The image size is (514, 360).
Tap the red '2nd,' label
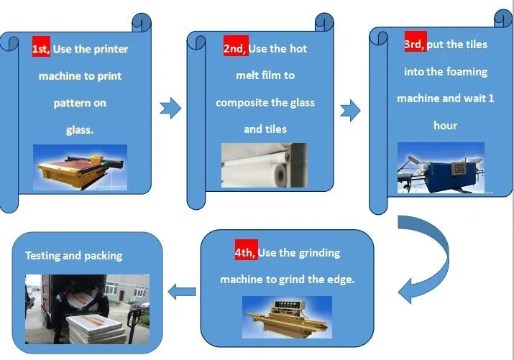click(236, 48)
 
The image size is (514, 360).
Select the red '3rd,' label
click(414, 44)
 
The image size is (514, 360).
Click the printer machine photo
click(80, 167)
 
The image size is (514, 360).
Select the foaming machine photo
click(441, 168)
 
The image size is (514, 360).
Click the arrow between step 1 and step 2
click(170, 109)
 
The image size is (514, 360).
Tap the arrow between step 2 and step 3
click(349, 111)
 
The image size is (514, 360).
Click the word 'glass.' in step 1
click(79, 130)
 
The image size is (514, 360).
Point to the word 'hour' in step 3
click(445, 125)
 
